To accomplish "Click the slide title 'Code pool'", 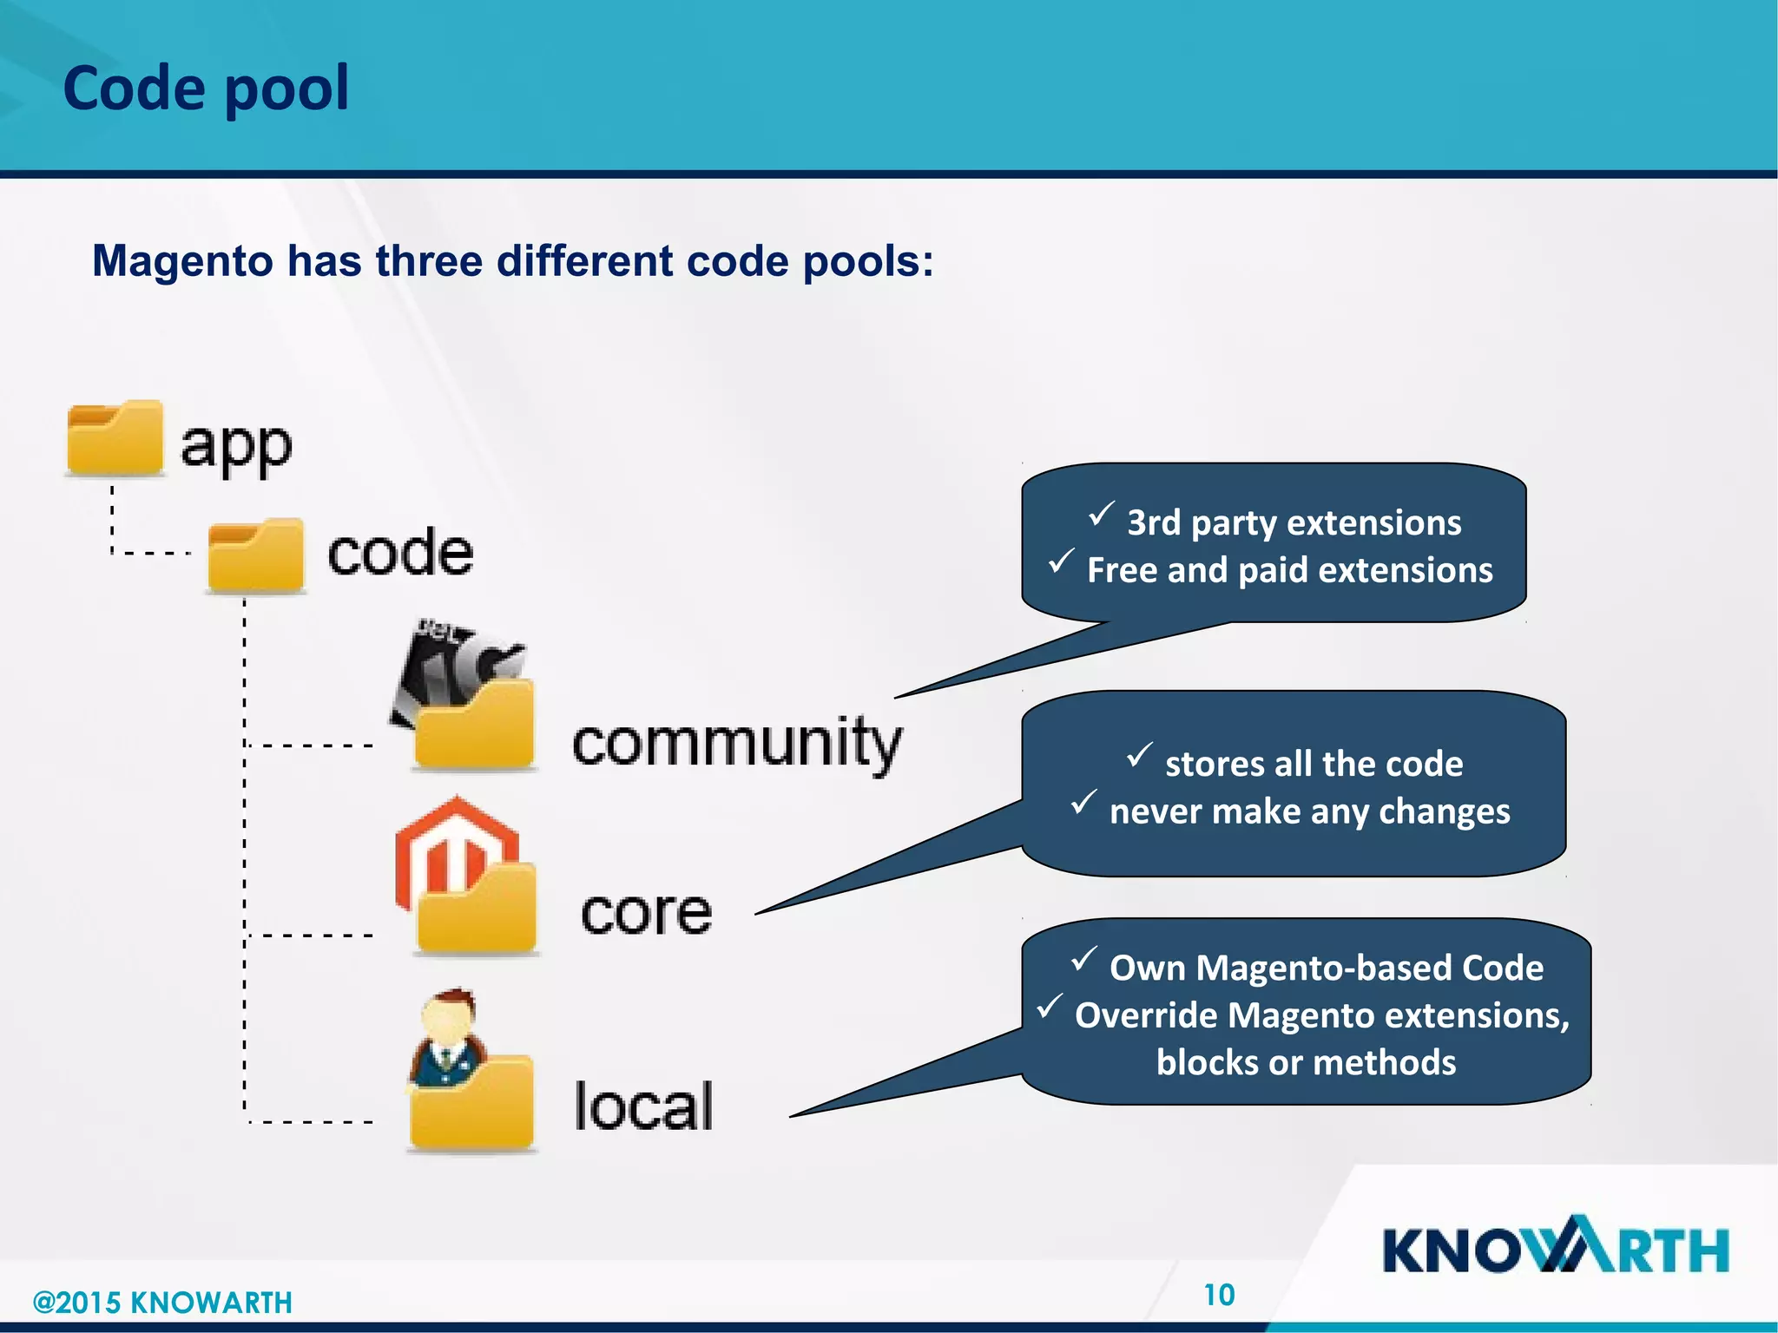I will pos(206,89).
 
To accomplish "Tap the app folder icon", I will pos(115,439).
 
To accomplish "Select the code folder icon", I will pos(256,555).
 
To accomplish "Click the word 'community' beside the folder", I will pos(737,744).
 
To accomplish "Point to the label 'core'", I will pos(646,913).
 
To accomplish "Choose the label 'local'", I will pos(643,1106).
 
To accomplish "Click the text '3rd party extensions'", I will pos(1294,523).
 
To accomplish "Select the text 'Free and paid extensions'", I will pos(1289,570).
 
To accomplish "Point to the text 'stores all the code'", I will pos(1314,764).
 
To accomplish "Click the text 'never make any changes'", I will pos(1309,811).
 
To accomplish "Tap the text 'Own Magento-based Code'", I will pos(1326,968).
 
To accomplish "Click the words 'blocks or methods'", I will pos(1306,1062).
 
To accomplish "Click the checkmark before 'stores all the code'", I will pos(1139,755).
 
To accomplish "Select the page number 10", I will pos(1219,1295).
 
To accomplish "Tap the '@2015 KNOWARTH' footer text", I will pos(162,1303).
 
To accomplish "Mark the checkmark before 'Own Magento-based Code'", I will pos(1083,959).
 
